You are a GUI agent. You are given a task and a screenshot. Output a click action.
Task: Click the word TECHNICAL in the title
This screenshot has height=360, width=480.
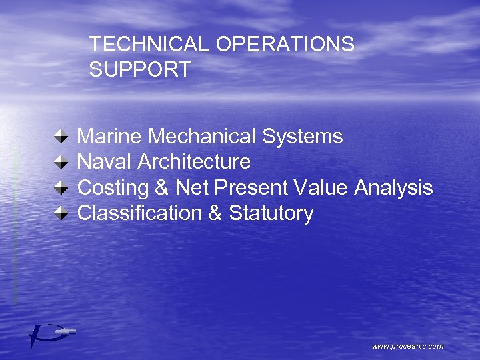point(150,45)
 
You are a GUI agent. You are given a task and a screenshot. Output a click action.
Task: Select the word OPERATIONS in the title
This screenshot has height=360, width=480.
point(285,45)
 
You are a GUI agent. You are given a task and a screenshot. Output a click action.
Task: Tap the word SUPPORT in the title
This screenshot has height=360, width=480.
point(140,69)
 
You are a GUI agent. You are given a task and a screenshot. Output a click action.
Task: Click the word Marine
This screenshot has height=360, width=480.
point(110,137)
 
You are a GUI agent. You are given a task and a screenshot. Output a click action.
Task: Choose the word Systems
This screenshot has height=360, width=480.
point(303,137)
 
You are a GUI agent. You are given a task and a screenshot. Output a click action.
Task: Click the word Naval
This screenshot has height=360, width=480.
point(105,162)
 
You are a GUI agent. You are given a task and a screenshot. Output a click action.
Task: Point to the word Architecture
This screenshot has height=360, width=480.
point(194,162)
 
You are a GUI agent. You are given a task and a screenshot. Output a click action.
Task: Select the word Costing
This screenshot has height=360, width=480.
point(113,188)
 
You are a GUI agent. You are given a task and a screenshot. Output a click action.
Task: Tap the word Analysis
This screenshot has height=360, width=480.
point(393,188)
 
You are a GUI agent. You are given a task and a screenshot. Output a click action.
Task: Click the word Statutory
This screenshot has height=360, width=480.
point(271,213)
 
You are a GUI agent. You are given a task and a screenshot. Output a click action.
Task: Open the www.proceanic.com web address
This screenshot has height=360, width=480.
point(407,346)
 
